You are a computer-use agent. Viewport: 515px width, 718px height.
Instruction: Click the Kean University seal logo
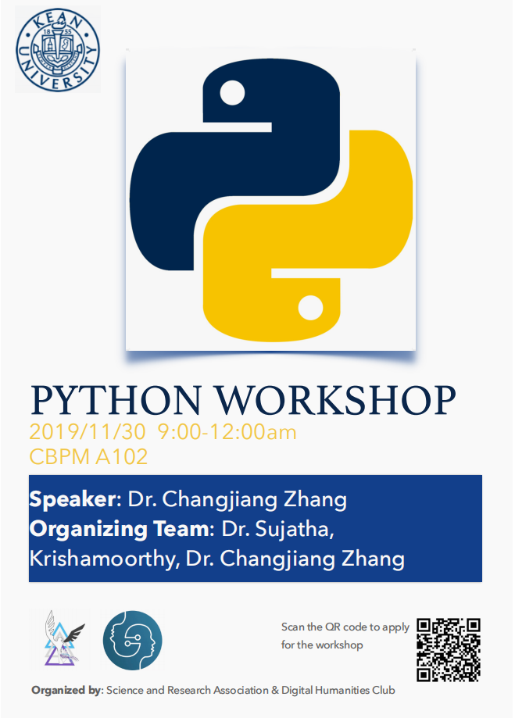pos(58,49)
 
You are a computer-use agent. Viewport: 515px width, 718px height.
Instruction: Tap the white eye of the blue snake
pos(232,92)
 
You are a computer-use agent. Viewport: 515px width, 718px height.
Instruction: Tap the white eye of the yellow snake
pos(311,307)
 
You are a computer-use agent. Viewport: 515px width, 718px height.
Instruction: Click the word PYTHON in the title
pos(116,400)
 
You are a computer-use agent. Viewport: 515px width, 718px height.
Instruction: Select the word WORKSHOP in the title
pos(336,400)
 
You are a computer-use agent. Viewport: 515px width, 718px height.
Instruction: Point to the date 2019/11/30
pos(88,432)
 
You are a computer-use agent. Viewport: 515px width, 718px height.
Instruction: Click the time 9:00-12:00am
pos(227,432)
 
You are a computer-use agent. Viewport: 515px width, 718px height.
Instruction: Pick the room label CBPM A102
pos(88,456)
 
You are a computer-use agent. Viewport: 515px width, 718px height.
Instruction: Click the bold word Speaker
pos(73,499)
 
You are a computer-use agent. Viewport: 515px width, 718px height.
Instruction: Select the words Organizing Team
pos(120,529)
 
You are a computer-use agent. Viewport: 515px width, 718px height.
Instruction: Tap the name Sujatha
pos(291,529)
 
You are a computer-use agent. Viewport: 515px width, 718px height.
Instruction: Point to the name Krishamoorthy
pos(102,559)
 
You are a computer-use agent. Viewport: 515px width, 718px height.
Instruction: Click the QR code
pos(449,650)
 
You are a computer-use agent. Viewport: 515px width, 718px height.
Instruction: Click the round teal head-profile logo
pos(132,640)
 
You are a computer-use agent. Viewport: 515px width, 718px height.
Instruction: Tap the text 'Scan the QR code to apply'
pos(345,627)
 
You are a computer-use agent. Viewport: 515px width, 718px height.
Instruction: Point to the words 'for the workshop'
pos(322,645)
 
